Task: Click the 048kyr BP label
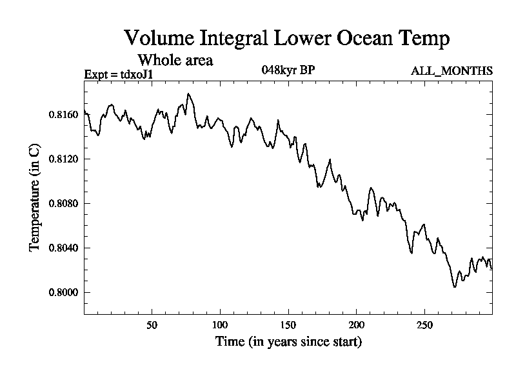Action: click(x=288, y=70)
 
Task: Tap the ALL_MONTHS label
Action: click(x=451, y=71)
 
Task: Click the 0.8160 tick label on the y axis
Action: click(x=63, y=115)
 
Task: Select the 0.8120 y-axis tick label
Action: click(x=63, y=159)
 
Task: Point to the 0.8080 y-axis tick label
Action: click(x=63, y=204)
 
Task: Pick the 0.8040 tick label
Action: click(x=63, y=248)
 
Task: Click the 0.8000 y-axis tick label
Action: click(x=63, y=293)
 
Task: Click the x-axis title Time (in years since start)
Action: click(x=288, y=341)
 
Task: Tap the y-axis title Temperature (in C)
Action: click(x=35, y=197)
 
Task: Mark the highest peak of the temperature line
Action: click(x=188, y=94)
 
